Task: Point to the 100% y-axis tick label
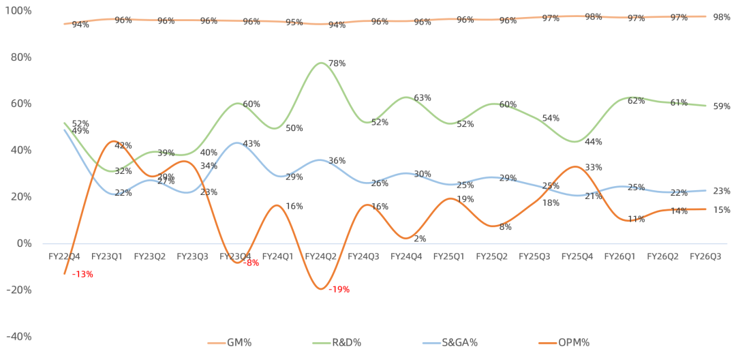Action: [19, 11]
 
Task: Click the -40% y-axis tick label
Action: [19, 336]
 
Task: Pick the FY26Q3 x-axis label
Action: [705, 256]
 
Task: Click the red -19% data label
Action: [339, 289]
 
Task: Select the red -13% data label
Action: [82, 274]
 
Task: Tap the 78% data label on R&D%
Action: [337, 63]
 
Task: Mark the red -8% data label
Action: [251, 262]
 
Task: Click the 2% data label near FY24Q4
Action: [420, 239]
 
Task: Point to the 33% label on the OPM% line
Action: [593, 167]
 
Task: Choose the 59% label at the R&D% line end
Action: [722, 106]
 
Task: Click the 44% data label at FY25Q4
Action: [593, 142]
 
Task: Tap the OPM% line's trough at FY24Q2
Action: [320, 288]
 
